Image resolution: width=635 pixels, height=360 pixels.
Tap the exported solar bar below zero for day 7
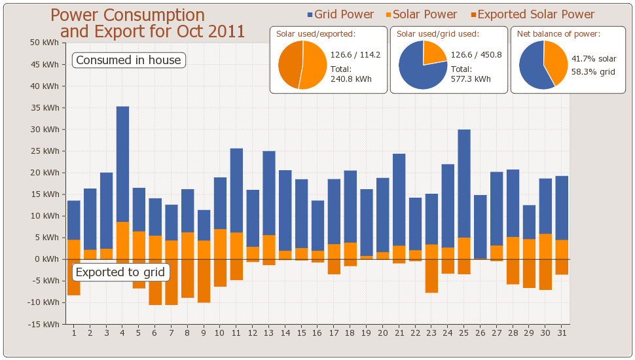172,282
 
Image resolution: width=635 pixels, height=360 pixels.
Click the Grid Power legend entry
340,14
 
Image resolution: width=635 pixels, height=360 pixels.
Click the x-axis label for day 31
562,333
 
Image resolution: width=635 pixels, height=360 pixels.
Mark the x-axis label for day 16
317,333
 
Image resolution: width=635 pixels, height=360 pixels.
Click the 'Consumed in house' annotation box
128,60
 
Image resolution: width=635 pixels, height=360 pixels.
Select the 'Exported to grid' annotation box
120,272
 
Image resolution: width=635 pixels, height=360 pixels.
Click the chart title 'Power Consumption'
128,15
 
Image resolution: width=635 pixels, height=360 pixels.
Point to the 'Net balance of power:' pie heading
558,34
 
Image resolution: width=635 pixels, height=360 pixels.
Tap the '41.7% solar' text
594,59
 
